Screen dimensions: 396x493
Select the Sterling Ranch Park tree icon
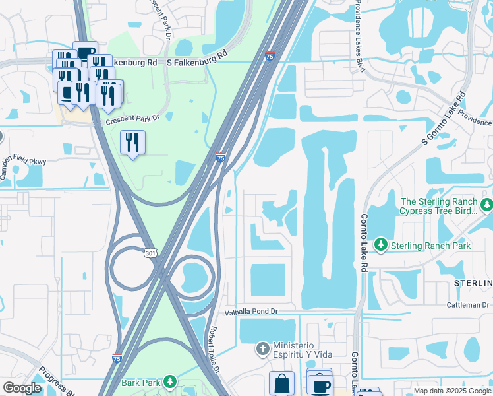[380, 245]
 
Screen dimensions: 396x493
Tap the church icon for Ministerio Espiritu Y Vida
[262, 347]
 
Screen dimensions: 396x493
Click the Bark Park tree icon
[170, 381]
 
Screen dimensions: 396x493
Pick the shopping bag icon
[281, 383]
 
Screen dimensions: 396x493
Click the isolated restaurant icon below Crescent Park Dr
[133, 142]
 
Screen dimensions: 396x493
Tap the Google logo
[22, 388]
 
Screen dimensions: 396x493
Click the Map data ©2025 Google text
[451, 391]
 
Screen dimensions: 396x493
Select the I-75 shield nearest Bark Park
[117, 358]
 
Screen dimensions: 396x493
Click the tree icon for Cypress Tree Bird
[486, 205]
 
